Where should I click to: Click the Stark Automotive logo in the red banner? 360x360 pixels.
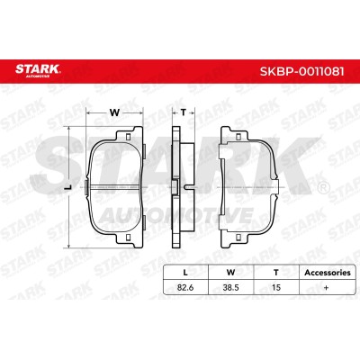38,69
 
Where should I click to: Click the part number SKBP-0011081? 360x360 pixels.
301,71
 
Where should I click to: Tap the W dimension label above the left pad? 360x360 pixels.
114,112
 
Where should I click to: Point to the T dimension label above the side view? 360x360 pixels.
183,112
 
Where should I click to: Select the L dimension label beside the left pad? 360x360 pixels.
69,187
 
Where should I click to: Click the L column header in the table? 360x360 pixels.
185,273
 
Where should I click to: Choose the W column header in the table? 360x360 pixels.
230,273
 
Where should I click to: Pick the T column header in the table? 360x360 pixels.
276,273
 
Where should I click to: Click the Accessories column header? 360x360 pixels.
328,273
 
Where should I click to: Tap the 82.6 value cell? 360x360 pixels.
185,287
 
